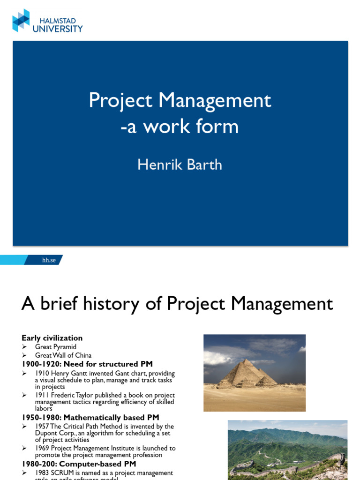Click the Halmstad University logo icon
21,21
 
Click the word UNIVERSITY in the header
58,29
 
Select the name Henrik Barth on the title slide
180,165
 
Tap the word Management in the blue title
214,101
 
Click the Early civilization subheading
52,338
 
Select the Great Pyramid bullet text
55,347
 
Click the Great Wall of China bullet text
63,355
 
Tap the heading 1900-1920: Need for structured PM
87,364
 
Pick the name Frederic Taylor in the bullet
70,395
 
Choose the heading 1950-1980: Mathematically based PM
90,417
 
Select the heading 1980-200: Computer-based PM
79,464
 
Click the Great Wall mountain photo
287,450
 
